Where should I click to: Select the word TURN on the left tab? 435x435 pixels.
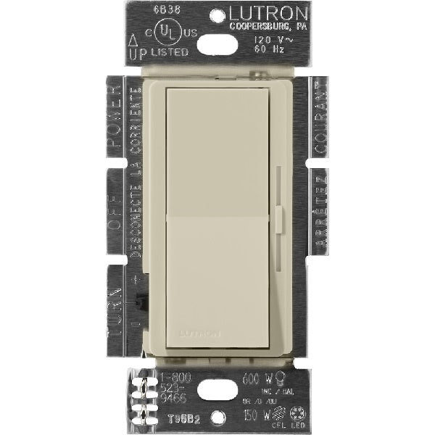(x=114, y=305)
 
